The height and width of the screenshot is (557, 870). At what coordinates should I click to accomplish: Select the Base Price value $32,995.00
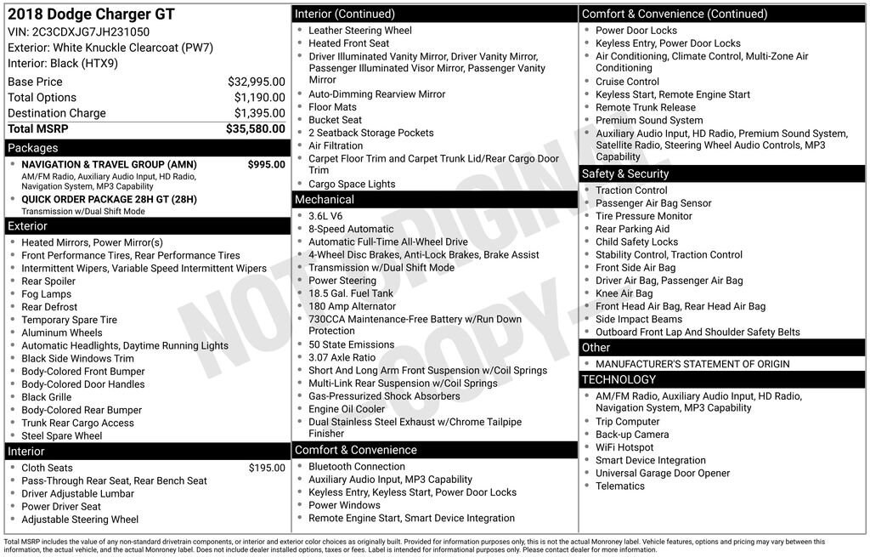click(256, 82)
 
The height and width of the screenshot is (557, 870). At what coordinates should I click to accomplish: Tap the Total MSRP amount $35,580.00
click(255, 129)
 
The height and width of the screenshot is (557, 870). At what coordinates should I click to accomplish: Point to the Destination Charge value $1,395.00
click(259, 113)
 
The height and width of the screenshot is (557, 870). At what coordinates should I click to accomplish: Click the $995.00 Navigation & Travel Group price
click(266, 164)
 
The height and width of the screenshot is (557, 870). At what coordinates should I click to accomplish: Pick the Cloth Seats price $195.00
click(267, 468)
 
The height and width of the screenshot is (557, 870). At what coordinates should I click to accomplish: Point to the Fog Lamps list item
click(47, 294)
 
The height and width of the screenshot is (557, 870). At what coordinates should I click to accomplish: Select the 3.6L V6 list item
click(327, 216)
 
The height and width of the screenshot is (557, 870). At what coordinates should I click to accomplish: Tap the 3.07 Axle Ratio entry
click(342, 358)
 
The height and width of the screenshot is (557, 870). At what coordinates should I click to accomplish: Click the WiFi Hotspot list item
click(624, 447)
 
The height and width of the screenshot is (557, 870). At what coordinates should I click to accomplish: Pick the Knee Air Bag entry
click(624, 293)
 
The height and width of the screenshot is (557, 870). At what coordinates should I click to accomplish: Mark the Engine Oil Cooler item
click(347, 409)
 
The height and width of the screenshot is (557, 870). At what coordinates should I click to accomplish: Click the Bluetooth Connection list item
click(357, 467)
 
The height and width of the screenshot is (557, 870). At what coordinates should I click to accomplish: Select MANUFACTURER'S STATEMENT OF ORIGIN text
click(692, 364)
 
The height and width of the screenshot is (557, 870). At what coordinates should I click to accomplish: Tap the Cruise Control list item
click(627, 82)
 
